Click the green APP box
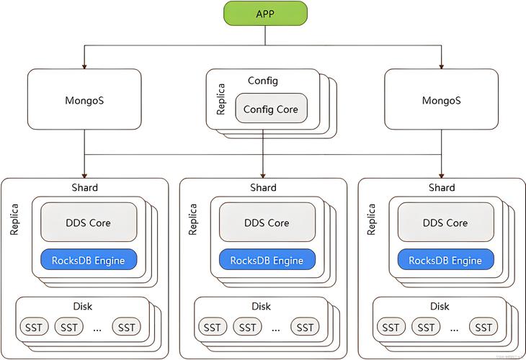pos(265,14)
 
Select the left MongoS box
pos(84,100)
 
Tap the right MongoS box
pos(441,100)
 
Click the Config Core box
pos(270,109)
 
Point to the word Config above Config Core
pos(263,81)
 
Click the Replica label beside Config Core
pos(220,100)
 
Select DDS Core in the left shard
pos(89,222)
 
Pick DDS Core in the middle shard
pos(267,222)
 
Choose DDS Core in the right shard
pos(446,222)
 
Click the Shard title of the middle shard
pos(263,187)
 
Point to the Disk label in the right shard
pos(440,306)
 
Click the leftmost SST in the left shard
pos(34,328)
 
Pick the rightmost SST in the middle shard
pos(305,328)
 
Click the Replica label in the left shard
pos(14,219)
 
